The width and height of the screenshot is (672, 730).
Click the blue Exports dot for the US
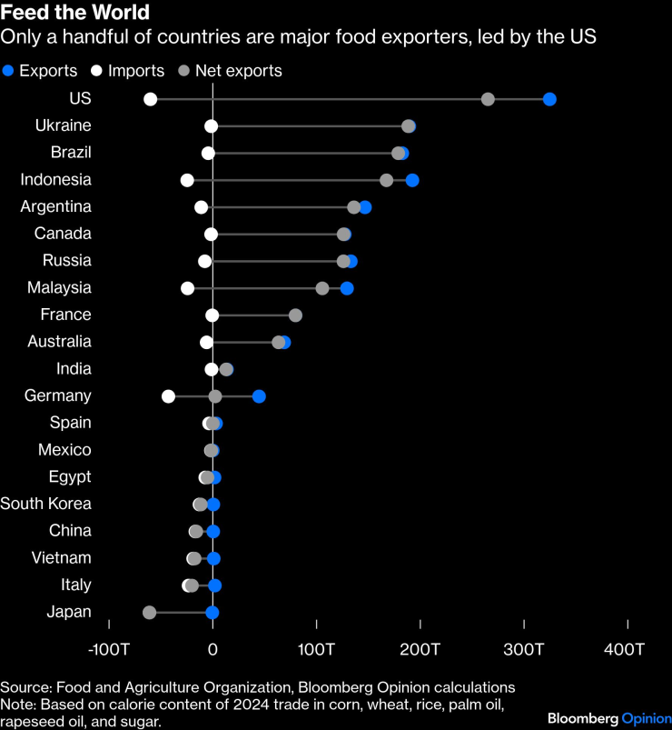click(549, 99)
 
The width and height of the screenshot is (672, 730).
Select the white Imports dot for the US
click(150, 99)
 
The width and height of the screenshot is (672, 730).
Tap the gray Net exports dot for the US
click(488, 99)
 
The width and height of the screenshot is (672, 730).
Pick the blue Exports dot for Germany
click(259, 396)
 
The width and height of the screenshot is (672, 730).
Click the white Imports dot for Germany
click(168, 396)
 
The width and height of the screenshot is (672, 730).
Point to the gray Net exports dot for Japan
click(149, 613)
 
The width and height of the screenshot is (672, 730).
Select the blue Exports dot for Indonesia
click(412, 180)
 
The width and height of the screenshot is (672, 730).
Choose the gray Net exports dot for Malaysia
click(322, 288)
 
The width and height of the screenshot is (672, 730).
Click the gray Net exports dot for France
click(295, 315)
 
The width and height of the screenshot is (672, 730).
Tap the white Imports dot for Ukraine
click(212, 126)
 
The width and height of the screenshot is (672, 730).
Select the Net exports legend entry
click(231, 71)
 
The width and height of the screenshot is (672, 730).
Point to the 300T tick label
click(524, 649)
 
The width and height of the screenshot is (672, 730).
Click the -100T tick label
click(108, 649)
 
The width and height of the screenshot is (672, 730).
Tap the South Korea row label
click(46, 504)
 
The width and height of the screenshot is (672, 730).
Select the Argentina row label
click(56, 206)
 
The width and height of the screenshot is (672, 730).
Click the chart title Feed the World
click(75, 14)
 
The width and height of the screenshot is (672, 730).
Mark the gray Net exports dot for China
click(196, 532)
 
